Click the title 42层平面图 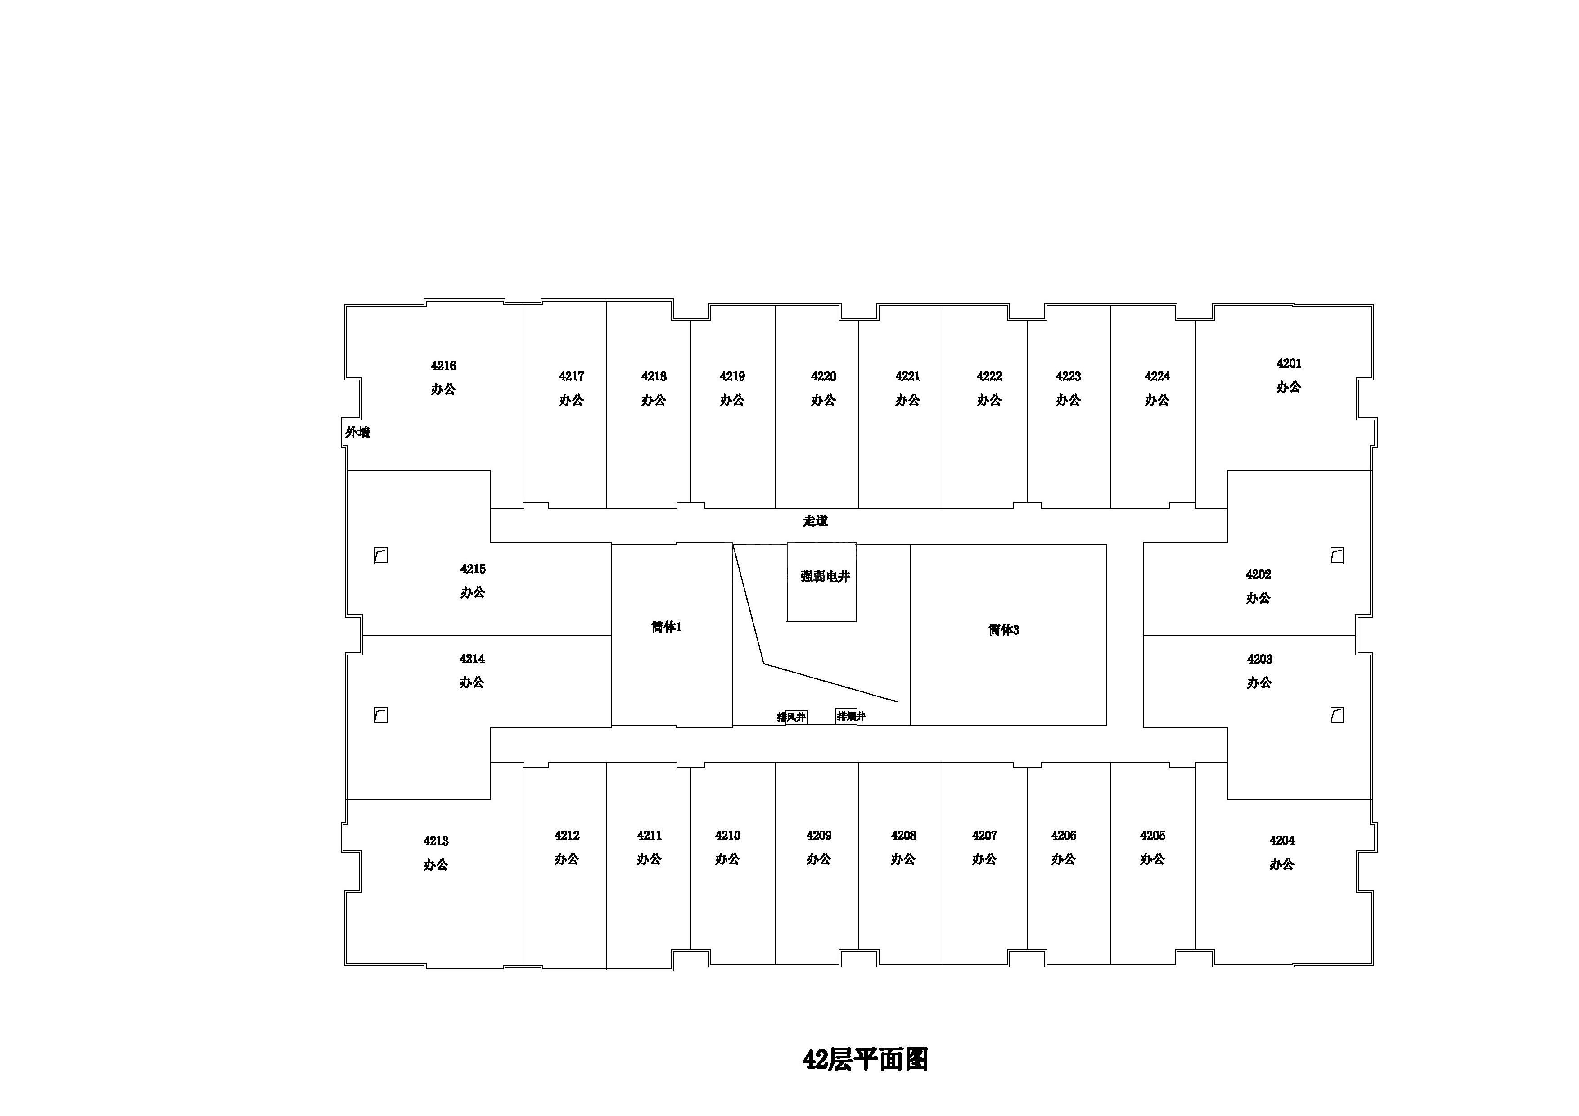coord(865,1060)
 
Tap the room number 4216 coord(443,366)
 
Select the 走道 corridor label coord(815,521)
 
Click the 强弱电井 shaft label coord(825,576)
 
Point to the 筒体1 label coord(667,627)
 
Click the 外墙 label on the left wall coord(357,433)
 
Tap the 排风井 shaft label coord(792,717)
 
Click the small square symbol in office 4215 coord(380,556)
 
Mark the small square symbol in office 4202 coord(1337,556)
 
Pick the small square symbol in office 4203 coord(1337,715)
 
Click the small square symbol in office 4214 coord(380,715)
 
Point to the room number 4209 coord(819,836)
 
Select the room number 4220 coord(823,376)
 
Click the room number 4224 coord(1157,376)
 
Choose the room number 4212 coord(567,836)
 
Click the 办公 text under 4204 coord(1282,864)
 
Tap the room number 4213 coord(436,841)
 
